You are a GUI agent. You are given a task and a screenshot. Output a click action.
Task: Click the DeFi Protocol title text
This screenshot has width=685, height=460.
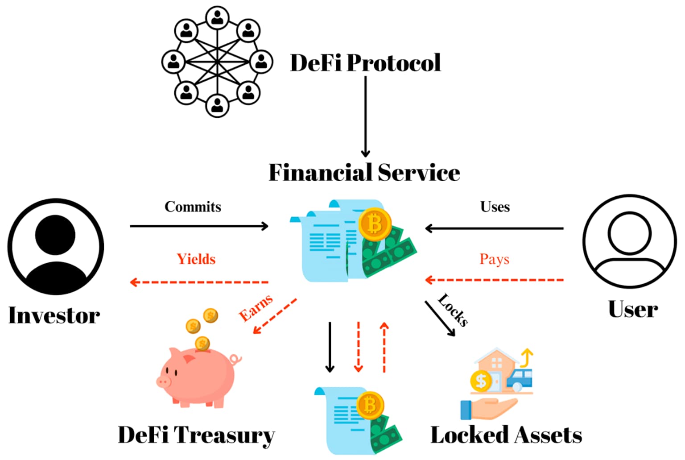click(x=365, y=62)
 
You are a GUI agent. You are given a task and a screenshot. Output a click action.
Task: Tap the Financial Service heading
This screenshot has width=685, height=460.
click(x=364, y=173)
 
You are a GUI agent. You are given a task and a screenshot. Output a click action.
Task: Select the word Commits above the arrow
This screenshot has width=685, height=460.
click(x=193, y=207)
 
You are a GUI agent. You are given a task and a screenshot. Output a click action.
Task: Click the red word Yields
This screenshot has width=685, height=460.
click(x=196, y=259)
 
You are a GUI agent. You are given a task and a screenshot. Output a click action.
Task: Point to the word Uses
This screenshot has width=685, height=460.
click(x=495, y=207)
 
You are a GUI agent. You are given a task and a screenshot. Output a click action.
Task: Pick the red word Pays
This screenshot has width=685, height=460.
click(x=494, y=259)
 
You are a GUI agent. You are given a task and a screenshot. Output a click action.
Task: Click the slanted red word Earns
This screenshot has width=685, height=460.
click(x=256, y=308)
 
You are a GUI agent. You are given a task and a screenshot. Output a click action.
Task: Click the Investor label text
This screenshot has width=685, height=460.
click(x=54, y=315)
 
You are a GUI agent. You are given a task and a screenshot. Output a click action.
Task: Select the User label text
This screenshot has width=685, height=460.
click(x=633, y=309)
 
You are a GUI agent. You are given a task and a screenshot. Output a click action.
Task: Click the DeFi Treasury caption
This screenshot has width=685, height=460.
click(x=196, y=435)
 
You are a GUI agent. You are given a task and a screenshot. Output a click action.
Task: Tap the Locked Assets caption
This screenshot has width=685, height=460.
click(x=506, y=435)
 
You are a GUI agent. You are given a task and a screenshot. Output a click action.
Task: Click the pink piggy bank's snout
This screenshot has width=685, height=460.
click(x=164, y=381)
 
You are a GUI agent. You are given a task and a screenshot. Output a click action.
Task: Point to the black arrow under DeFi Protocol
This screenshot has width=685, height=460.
click(x=365, y=116)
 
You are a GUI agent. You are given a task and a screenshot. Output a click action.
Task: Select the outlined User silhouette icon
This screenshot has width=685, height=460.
click(x=629, y=241)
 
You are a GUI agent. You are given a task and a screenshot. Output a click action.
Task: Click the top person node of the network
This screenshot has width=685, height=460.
click(x=217, y=18)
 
